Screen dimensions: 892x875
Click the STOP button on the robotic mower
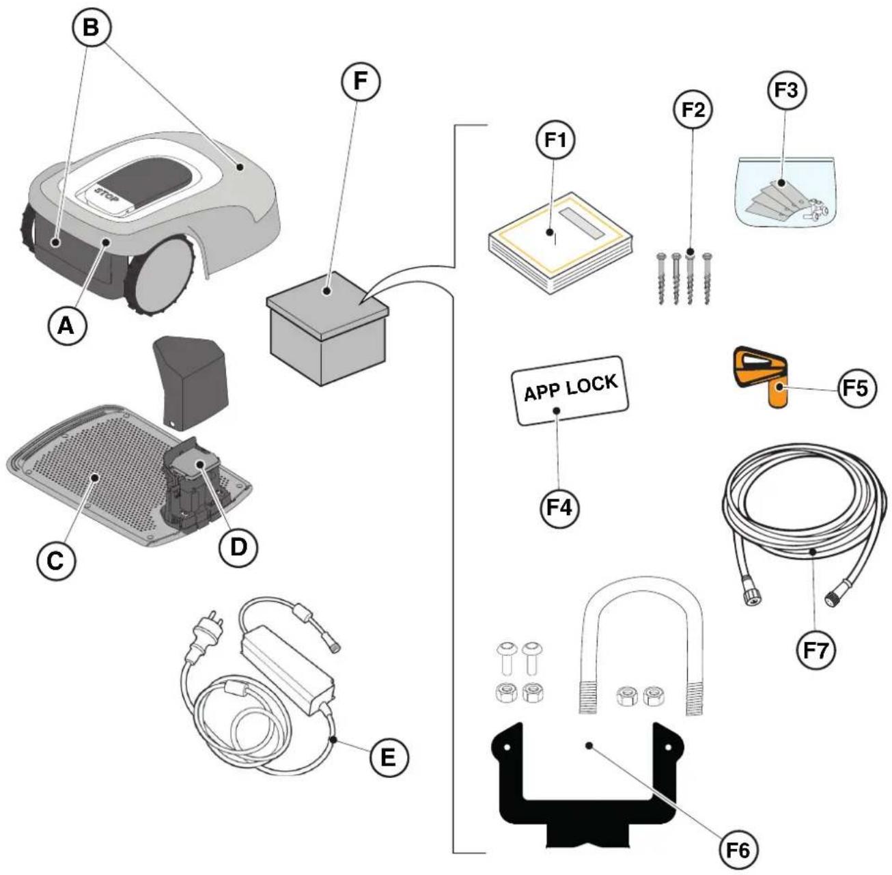(x=107, y=197)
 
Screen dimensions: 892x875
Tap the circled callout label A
(x=68, y=327)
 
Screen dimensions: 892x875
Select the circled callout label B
(x=92, y=28)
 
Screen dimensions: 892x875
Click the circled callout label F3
(x=788, y=91)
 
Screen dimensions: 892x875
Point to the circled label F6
(x=738, y=850)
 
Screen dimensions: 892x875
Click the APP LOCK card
(x=570, y=390)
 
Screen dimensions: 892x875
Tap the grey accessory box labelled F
(x=327, y=329)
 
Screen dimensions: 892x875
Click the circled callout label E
(x=389, y=758)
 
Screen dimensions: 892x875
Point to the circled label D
(x=238, y=548)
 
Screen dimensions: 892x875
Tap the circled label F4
(x=560, y=508)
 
